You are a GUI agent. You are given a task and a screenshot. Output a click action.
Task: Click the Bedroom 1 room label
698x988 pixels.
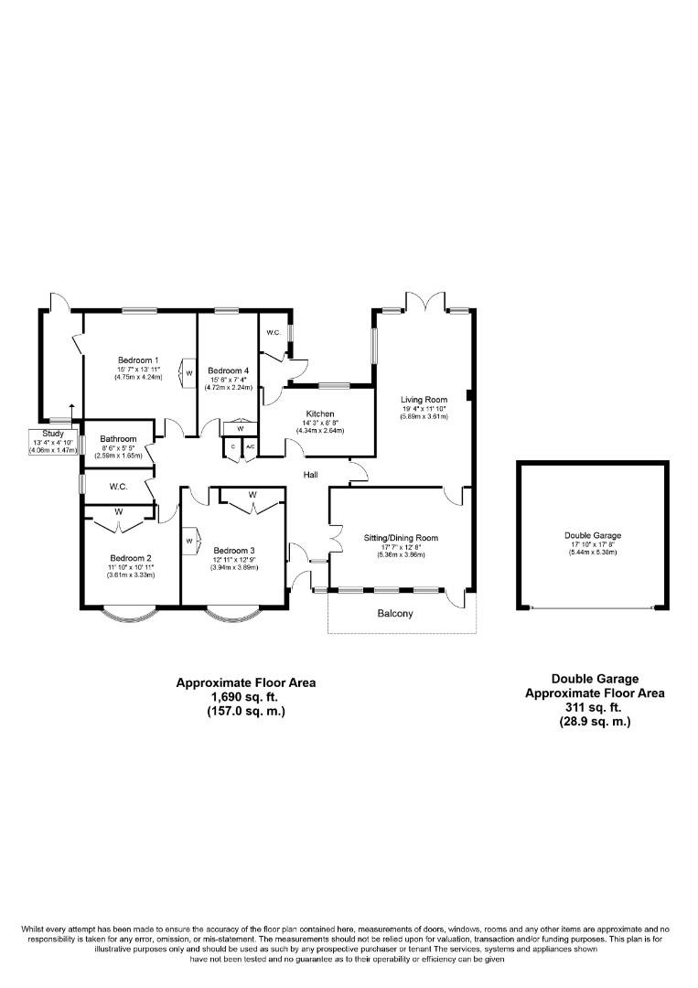point(138,360)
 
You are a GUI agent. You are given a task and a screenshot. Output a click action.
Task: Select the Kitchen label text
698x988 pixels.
point(319,413)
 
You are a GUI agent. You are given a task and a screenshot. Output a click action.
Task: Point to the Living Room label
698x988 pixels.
point(424,400)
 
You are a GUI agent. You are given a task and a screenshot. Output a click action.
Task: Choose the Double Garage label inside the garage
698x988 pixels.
point(593,536)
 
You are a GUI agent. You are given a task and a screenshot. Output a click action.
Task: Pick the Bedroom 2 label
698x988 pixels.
point(130,558)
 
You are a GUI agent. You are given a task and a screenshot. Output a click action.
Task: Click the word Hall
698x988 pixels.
point(311,475)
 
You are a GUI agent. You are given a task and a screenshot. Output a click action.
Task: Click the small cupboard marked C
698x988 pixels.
point(232,446)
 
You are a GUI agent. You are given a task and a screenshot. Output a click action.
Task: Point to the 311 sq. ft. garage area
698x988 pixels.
point(595,707)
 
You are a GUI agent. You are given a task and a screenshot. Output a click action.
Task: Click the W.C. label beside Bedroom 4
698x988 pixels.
point(273,332)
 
